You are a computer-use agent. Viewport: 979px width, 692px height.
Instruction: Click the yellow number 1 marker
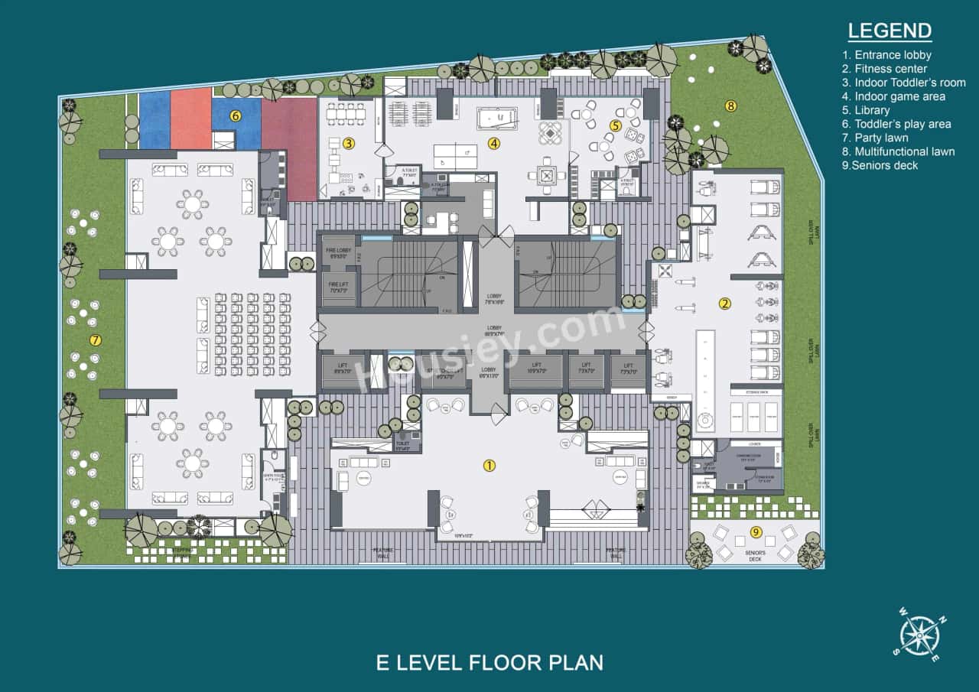pos(489,465)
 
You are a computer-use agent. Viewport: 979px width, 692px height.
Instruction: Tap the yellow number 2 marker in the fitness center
pos(724,304)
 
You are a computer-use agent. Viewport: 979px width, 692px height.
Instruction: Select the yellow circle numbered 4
pos(494,142)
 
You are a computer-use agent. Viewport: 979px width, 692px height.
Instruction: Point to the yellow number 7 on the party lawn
pos(96,340)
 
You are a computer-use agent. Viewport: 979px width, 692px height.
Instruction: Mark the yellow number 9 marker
pos(756,532)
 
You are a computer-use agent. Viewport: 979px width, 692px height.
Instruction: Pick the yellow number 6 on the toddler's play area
pos(236,116)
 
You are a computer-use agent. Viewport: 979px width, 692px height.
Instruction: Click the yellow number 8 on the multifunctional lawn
pos(730,106)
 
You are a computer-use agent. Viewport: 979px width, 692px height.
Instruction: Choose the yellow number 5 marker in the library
pos(615,125)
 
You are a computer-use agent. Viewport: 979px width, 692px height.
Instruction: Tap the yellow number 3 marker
pos(348,142)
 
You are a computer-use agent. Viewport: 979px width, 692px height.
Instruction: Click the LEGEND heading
pos(890,31)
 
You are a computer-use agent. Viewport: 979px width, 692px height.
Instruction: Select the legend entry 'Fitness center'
pos(885,69)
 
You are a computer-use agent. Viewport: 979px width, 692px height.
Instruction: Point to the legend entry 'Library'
pos(867,110)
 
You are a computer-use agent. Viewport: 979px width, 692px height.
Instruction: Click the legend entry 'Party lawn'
pos(876,138)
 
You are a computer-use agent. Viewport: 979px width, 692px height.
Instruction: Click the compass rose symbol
pos(918,635)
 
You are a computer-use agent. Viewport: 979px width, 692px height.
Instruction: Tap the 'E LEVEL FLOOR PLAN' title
pos(489,662)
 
